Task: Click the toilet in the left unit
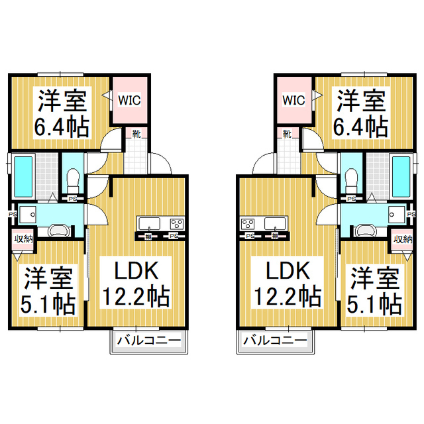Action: [74, 178]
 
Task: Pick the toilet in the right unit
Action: [351, 178]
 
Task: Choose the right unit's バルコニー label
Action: [274, 341]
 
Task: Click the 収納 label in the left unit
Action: [24, 239]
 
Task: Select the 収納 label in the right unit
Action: [402, 239]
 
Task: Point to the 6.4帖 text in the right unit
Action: [360, 125]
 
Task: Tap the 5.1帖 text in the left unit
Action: [48, 303]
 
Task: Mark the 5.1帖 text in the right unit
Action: [376, 303]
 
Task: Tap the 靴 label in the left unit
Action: [135, 134]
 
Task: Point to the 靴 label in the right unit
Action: [287, 134]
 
